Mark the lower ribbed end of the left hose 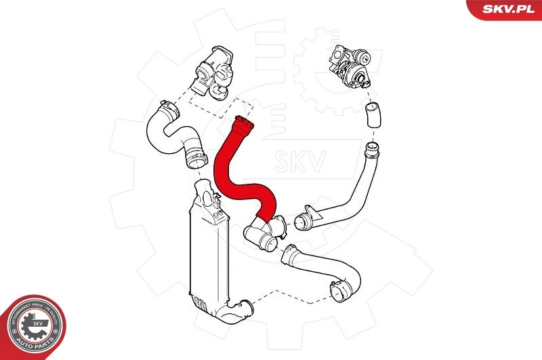(194, 160)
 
